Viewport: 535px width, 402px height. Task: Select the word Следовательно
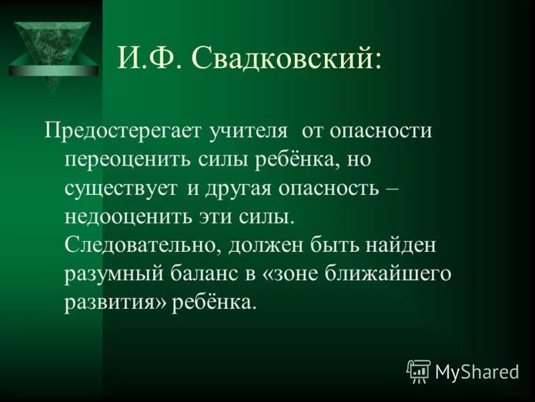point(140,245)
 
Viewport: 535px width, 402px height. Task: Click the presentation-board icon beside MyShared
point(418,371)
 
